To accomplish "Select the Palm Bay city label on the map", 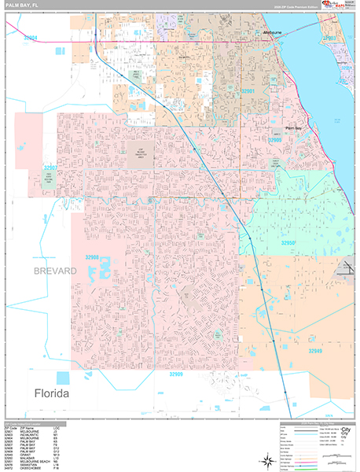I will click(x=293, y=127).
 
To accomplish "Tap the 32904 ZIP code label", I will click(x=31, y=37).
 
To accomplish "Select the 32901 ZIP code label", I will click(x=248, y=91).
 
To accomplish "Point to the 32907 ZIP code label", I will click(x=51, y=168).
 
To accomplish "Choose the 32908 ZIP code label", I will click(x=93, y=256).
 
